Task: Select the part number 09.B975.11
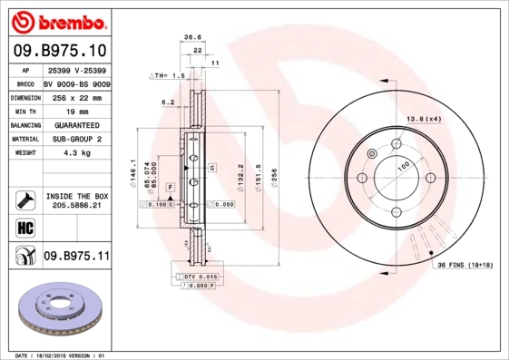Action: pyautogui.click(x=76, y=257)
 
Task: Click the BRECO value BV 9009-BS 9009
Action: pyautogui.click(x=76, y=82)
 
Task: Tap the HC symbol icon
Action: pyautogui.click(x=24, y=226)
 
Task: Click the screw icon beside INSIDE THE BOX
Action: pyautogui.click(x=24, y=199)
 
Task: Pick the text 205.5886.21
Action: pyautogui.click(x=76, y=207)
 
